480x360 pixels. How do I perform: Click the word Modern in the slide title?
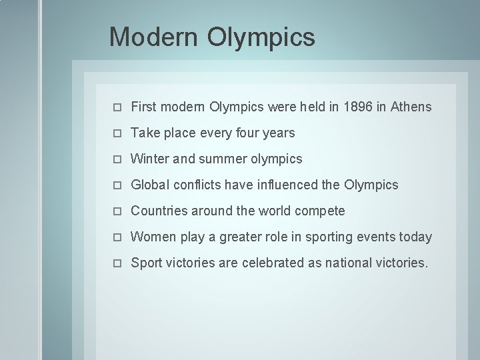pyautogui.click(x=153, y=37)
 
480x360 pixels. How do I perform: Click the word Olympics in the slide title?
pyautogui.click(x=261, y=37)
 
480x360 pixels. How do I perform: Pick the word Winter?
pyautogui.click(x=150, y=159)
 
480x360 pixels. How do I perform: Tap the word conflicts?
pyautogui.click(x=197, y=185)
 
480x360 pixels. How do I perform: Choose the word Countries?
pyautogui.click(x=159, y=211)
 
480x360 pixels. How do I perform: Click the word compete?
pyautogui.click(x=319, y=211)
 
